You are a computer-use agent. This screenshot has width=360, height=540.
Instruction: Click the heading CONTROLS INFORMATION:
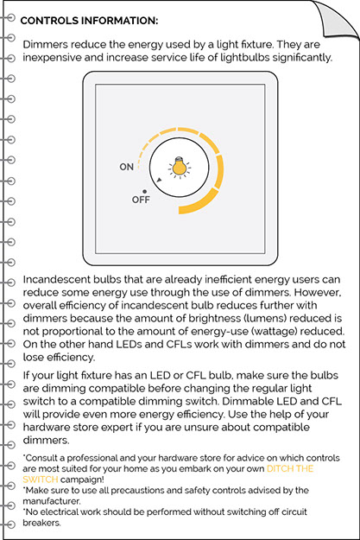click(x=89, y=21)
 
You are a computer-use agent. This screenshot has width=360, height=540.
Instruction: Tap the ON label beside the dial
click(x=127, y=167)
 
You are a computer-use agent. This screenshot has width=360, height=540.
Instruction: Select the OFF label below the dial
click(x=141, y=200)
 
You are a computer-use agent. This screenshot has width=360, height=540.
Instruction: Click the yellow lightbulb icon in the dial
click(x=180, y=167)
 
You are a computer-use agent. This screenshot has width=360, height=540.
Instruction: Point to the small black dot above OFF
click(x=144, y=192)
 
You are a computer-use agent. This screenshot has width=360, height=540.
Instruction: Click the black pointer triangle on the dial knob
click(x=159, y=180)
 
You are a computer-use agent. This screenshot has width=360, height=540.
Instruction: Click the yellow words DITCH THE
click(x=290, y=468)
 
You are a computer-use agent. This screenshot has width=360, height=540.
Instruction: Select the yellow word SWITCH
click(x=41, y=480)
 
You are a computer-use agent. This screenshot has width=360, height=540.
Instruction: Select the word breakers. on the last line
click(x=41, y=523)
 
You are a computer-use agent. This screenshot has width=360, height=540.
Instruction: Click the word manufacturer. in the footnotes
click(x=52, y=501)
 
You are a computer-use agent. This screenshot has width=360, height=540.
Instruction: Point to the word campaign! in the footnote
click(x=82, y=480)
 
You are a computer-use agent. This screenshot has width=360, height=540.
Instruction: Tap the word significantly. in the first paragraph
click(x=302, y=58)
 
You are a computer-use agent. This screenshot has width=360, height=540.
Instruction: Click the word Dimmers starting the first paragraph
click(x=45, y=45)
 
